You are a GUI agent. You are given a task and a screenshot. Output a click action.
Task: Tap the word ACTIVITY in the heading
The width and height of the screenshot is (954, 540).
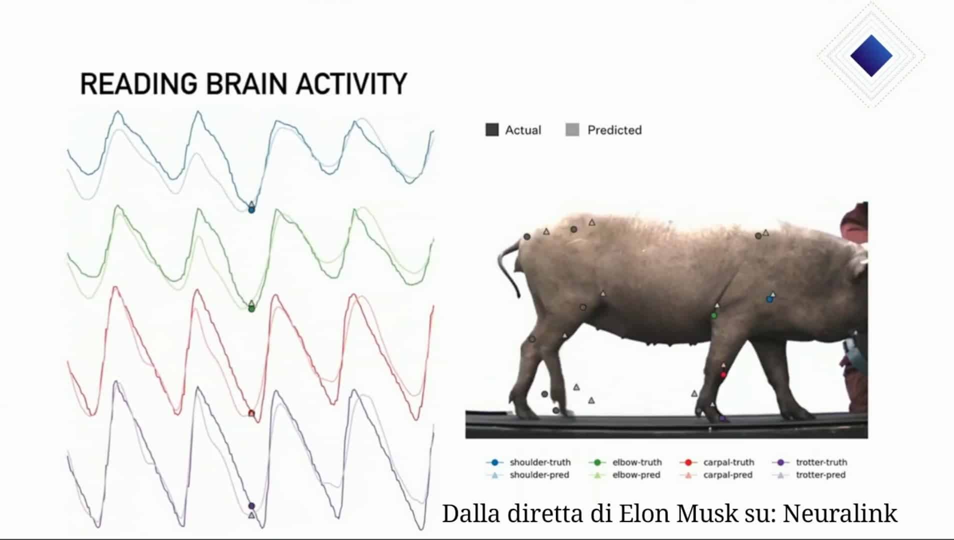(x=351, y=84)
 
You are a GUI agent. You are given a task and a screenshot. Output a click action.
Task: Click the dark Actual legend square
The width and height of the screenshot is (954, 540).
(x=492, y=130)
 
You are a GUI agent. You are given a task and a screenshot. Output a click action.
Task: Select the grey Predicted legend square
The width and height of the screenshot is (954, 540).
(x=572, y=130)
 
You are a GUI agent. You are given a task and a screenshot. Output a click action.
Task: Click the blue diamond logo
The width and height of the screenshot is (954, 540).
(x=871, y=55)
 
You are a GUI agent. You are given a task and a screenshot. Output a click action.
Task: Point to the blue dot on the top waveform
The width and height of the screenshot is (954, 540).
(x=251, y=210)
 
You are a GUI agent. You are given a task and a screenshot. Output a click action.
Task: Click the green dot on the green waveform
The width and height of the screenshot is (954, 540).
(x=251, y=309)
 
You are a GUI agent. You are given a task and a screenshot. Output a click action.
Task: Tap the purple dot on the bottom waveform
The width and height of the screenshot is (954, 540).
(x=251, y=506)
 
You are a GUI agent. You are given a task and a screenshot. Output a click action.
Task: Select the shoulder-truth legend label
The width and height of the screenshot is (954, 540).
(x=540, y=462)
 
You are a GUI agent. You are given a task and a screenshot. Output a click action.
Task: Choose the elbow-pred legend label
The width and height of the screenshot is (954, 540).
(x=636, y=475)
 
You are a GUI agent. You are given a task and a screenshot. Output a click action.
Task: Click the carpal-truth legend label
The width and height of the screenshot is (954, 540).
(x=728, y=462)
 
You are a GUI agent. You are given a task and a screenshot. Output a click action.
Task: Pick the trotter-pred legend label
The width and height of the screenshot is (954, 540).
(x=820, y=475)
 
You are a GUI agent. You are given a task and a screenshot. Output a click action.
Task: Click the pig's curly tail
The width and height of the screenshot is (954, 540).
(x=510, y=265)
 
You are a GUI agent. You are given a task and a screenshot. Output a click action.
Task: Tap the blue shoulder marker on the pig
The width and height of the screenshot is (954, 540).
(x=769, y=299)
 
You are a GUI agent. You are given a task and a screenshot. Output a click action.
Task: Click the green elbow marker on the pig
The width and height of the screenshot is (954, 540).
(x=714, y=315)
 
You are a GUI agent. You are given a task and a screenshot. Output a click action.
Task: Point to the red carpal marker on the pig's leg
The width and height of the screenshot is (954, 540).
(x=723, y=374)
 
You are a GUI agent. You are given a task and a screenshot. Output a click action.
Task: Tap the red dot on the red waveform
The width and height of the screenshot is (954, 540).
(x=251, y=413)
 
